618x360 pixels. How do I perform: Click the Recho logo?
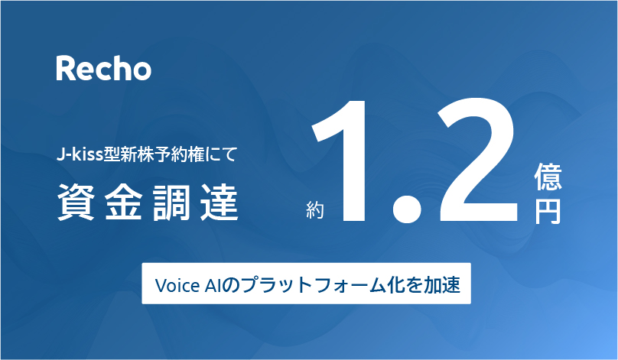[x=104, y=68]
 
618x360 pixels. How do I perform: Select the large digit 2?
[x=477, y=160]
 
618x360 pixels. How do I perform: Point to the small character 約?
[x=315, y=210]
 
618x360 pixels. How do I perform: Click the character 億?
[x=548, y=177]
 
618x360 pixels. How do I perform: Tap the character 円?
[x=548, y=211]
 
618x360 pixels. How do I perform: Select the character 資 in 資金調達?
[x=76, y=202]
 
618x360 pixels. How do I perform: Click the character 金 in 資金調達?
[x=123, y=202]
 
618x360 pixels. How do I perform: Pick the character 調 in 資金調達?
[x=171, y=202]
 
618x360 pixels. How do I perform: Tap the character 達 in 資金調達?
[x=220, y=202]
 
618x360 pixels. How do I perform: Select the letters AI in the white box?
[x=213, y=285]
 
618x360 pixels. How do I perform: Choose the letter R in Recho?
[x=65, y=68]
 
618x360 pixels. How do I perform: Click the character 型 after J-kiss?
[x=112, y=154]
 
